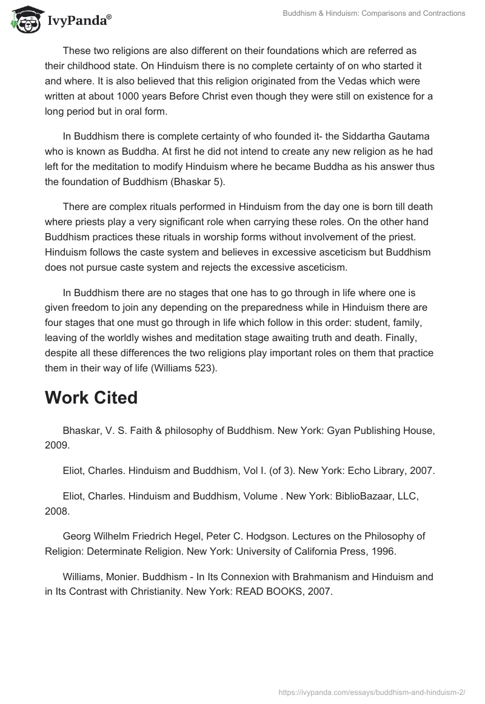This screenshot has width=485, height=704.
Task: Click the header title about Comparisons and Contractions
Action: click(374, 13)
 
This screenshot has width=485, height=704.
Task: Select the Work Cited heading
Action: click(92, 398)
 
